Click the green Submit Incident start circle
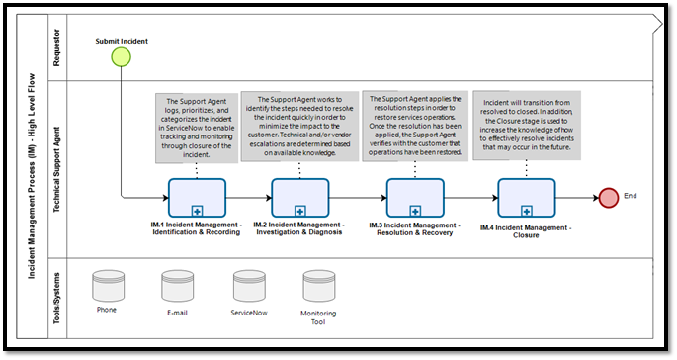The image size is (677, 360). [x=122, y=57]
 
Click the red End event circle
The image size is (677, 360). [x=609, y=197]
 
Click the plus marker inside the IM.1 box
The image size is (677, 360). [x=197, y=210]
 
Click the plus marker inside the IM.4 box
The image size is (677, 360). [x=526, y=210]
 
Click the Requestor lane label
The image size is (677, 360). [x=55, y=46]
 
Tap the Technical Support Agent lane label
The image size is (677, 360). [x=55, y=168]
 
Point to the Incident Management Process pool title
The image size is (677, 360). [x=32, y=178]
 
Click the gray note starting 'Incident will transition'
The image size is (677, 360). [x=525, y=121]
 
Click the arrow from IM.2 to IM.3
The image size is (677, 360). [x=357, y=197]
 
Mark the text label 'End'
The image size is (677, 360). [x=631, y=196]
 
